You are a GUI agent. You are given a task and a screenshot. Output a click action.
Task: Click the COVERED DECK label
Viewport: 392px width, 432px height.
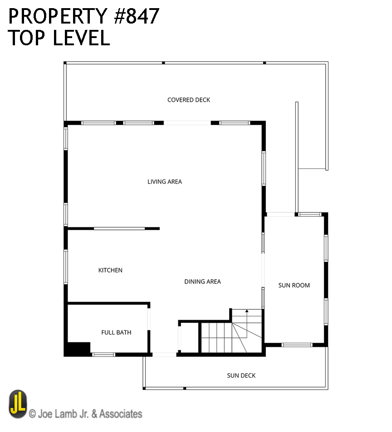point(189,100)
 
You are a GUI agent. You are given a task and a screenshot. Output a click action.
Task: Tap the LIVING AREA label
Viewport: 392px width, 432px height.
point(165,182)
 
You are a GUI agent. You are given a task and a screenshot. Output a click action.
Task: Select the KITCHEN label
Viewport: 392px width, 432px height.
point(110,270)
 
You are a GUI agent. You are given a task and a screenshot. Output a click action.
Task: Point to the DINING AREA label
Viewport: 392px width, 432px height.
point(202,282)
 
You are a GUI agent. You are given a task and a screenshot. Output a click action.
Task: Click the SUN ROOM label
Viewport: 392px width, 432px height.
point(294,285)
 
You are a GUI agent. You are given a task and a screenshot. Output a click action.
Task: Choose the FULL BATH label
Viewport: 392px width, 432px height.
point(116,332)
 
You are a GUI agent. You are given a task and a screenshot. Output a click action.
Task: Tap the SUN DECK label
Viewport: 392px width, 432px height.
point(241,375)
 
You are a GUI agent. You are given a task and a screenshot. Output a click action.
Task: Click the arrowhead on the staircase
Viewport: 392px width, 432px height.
point(247,311)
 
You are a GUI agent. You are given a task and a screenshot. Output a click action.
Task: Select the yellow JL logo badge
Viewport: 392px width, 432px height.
point(18,404)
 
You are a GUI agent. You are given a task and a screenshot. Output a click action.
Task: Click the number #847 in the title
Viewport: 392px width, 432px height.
point(137,16)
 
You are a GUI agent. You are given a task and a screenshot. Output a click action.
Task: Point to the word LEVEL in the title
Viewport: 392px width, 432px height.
point(81,38)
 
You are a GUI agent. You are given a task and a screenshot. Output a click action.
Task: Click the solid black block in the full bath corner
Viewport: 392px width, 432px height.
point(78,349)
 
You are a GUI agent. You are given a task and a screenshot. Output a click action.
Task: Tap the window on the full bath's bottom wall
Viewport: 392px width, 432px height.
point(103,355)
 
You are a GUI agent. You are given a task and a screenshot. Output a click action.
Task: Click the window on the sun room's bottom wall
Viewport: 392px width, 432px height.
point(297,345)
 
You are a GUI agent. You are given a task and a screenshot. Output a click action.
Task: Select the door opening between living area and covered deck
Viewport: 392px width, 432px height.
point(187,123)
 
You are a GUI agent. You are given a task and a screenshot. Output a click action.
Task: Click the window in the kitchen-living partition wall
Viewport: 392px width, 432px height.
point(119,228)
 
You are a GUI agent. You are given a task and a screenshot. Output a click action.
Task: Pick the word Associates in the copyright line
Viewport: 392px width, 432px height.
point(121,414)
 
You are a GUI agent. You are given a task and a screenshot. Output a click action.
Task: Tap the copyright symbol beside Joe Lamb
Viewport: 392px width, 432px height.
point(32,414)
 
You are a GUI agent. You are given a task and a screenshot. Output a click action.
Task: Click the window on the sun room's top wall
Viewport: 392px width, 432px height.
point(310,214)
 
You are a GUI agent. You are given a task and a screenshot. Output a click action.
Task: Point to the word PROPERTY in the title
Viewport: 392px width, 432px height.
point(58,16)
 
